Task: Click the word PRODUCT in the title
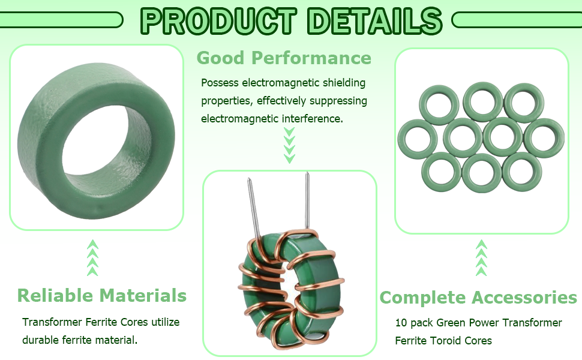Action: [218, 21]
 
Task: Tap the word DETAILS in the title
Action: [375, 21]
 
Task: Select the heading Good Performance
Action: [284, 58]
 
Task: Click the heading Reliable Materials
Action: [102, 295]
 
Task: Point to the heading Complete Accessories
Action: [478, 297]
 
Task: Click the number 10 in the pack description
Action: [401, 323]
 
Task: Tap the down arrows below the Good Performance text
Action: [290, 145]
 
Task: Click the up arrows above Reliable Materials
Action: [93, 257]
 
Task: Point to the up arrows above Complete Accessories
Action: [481, 257]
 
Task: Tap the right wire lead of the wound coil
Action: [307, 200]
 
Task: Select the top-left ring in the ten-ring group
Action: [439, 105]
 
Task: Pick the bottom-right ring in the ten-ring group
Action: [522, 172]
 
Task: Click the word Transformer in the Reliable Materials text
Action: [52, 322]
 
